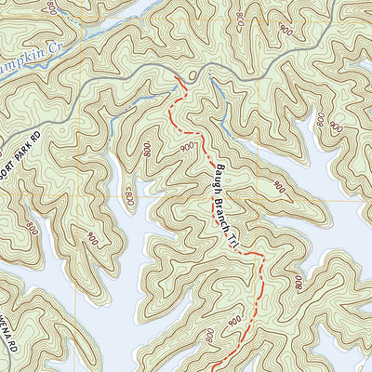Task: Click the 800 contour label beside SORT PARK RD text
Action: [34, 226]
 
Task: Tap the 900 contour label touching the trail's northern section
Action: [187, 147]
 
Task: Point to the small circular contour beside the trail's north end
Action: [191, 73]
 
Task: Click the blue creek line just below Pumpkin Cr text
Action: [37, 81]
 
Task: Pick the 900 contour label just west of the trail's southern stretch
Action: [232, 319]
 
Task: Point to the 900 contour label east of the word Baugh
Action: [278, 187]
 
